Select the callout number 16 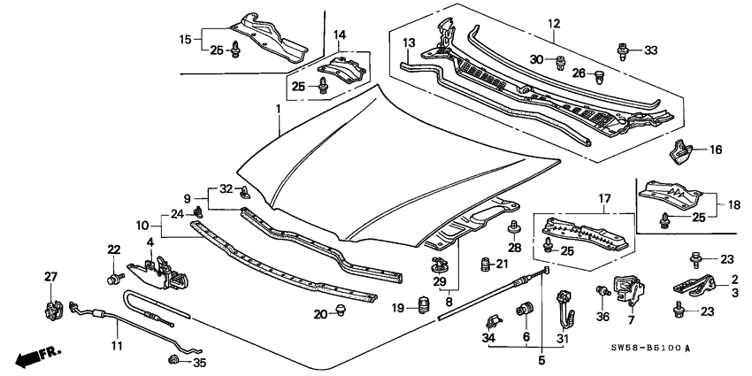coord(716,151)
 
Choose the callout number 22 coord(113,249)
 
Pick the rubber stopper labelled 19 coord(424,306)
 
